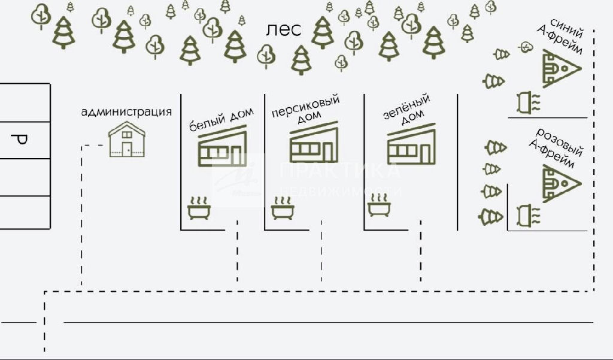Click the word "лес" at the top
tap(284, 30)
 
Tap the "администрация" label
tap(126, 112)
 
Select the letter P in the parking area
tap(21, 140)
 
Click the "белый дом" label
tap(221, 119)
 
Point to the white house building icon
tap(221, 148)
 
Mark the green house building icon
tap(410, 146)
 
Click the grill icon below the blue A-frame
tap(527, 102)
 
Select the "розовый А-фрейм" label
tap(558, 147)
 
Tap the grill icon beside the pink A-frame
tap(527, 213)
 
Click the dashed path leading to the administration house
tap(81, 210)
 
